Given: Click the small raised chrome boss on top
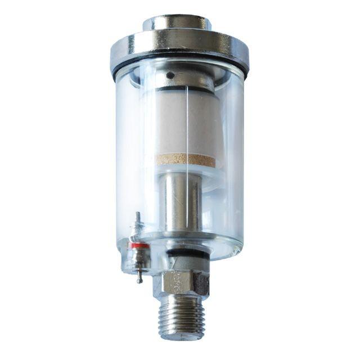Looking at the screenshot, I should tap(177, 23).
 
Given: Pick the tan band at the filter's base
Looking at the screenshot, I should tap(185, 160).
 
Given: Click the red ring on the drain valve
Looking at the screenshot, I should tap(138, 245).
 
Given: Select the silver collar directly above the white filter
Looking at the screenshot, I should tap(179, 84).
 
